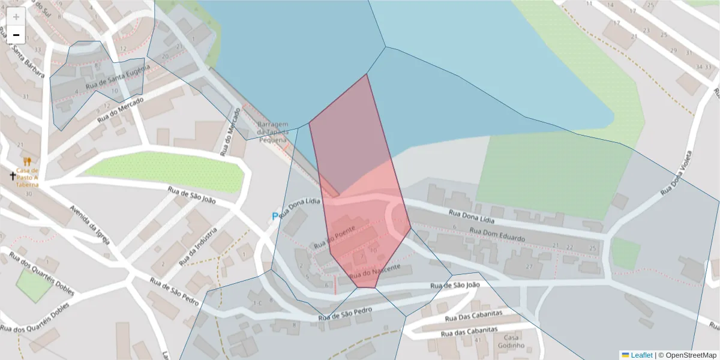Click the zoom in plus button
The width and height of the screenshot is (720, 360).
tap(16, 17)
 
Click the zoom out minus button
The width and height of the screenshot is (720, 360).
tap(16, 35)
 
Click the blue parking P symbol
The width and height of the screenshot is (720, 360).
tap(275, 217)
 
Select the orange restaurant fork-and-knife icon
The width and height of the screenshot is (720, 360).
tap(27, 161)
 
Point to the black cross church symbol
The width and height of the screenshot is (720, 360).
tap(13, 176)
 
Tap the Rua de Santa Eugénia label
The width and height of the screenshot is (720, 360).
tap(117, 79)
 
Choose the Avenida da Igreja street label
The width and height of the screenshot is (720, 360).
tap(90, 225)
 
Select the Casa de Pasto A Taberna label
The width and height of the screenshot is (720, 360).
tap(27, 177)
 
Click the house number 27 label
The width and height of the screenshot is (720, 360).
tap(529, 266)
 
